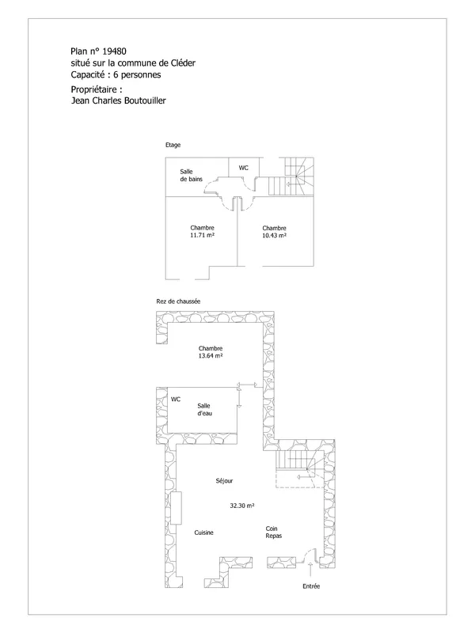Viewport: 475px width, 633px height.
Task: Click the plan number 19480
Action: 114,51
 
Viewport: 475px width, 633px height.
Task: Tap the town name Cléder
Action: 182,63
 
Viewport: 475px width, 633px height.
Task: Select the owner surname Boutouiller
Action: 144,100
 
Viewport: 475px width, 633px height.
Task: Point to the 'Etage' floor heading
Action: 173,145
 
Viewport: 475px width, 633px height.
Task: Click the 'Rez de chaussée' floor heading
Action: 178,301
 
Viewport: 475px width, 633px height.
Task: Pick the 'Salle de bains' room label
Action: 191,175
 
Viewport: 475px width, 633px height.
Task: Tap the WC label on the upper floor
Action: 243,168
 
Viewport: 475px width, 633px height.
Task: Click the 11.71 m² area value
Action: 202,235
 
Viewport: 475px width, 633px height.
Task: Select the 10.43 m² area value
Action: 274,235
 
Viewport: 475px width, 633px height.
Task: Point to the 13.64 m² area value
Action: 211,355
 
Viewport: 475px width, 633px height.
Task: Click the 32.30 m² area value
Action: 242,506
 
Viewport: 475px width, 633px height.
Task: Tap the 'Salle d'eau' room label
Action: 204,409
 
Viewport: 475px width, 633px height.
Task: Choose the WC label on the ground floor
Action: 176,400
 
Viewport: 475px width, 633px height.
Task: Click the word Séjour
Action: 224,481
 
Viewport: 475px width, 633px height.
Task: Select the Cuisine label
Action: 203,533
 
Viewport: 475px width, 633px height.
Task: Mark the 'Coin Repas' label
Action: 273,532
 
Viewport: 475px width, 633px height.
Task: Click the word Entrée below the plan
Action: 311,586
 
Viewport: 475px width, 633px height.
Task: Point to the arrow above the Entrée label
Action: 310,570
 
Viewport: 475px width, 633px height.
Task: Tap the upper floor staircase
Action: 291,176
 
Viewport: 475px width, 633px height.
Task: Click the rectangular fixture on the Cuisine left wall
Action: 176,508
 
